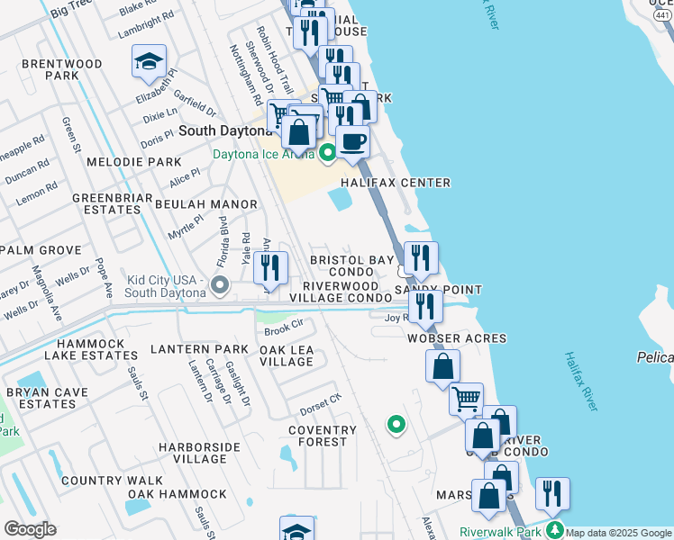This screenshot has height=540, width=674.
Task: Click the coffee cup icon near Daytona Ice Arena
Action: tap(354, 140)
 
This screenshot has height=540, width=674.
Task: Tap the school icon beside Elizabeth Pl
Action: tap(149, 61)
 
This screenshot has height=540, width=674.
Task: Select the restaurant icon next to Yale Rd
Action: tap(270, 267)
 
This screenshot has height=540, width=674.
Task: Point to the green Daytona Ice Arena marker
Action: tap(326, 153)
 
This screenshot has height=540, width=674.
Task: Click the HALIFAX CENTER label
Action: tap(395, 183)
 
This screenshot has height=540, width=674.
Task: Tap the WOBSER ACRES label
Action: tap(456, 338)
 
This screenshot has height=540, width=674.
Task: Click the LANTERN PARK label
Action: tap(198, 348)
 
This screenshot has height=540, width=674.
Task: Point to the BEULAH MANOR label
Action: tap(194, 204)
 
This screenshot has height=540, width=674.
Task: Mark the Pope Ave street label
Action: tap(104, 276)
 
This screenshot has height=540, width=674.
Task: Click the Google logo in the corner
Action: tap(30, 528)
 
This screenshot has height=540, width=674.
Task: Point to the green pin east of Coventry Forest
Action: tap(395, 423)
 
